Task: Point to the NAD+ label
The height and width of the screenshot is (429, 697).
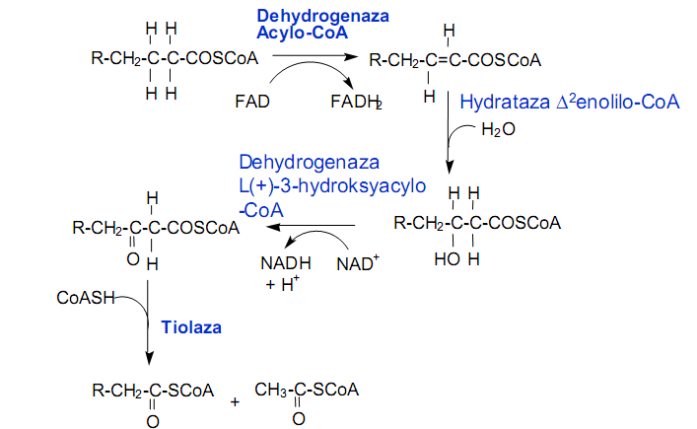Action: pyautogui.click(x=357, y=263)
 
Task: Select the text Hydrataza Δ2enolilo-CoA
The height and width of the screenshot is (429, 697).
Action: pyautogui.click(x=572, y=101)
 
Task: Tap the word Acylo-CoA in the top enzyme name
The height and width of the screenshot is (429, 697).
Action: pyautogui.click(x=294, y=34)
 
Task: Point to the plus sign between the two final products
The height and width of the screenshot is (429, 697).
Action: pyautogui.click(x=235, y=402)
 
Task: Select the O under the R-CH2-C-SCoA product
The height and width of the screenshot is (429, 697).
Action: pyautogui.click(x=153, y=420)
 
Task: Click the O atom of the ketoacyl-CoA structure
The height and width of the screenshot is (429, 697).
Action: pyautogui.click(x=134, y=260)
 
